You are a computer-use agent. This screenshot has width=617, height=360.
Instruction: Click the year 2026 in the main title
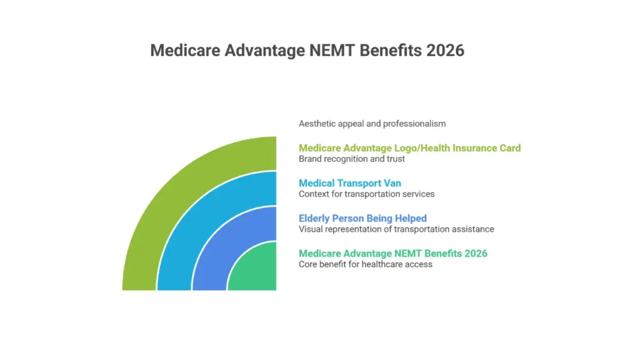click(x=445, y=50)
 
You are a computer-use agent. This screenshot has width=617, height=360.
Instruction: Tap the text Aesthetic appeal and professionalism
click(x=372, y=124)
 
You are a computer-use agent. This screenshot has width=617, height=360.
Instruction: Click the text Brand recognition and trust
click(x=352, y=159)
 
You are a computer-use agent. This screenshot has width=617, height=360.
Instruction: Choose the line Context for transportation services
click(x=366, y=194)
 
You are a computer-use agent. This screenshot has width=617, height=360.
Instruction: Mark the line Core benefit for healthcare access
click(x=365, y=264)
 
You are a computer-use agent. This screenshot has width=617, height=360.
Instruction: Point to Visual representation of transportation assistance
click(x=396, y=229)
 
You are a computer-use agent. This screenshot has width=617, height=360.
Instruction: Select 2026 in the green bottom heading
click(x=475, y=253)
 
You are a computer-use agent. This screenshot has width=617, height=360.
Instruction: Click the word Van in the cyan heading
click(x=392, y=183)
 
